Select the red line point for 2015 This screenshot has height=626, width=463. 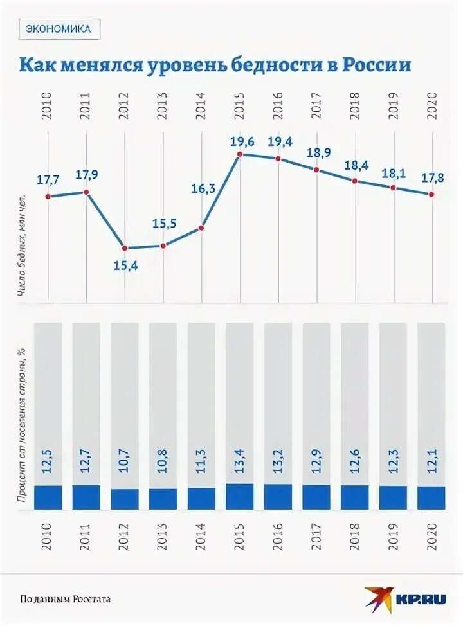240,154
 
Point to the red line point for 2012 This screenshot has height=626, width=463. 125,248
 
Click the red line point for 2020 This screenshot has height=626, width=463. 431,194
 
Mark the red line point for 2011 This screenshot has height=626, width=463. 86,192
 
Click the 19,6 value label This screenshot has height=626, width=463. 242,139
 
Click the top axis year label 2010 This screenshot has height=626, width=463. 48,105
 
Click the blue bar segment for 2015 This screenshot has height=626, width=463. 240,496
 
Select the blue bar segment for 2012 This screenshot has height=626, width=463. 125,499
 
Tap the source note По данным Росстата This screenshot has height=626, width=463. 65,599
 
